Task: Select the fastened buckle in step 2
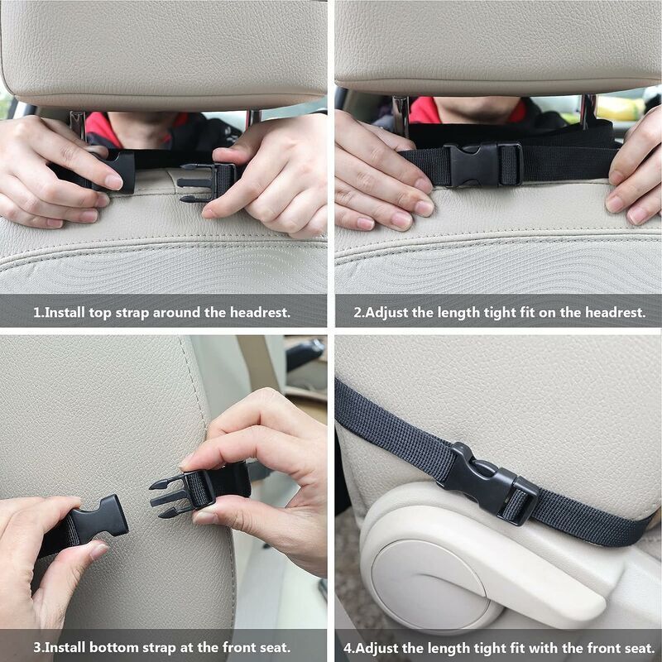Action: coord(485,165)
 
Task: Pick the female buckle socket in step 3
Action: coord(99,519)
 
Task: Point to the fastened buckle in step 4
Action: coord(490,483)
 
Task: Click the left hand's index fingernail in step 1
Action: coord(113,182)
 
